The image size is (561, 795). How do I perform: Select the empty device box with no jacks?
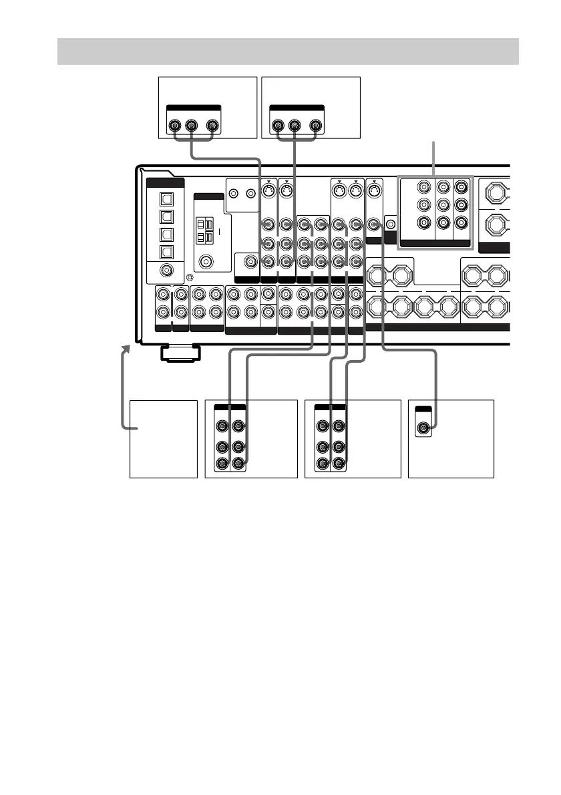164,438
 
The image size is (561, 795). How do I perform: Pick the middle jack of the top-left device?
192,125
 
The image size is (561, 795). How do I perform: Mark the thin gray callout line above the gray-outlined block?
435,158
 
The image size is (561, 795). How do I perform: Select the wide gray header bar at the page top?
288,51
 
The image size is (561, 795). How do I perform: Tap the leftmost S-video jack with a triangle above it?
265,192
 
